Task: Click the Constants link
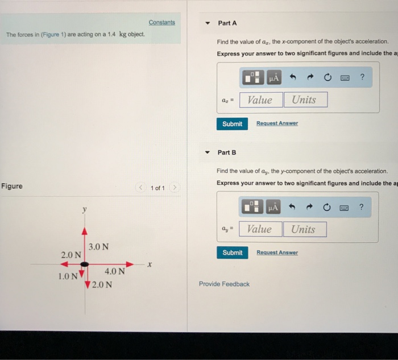pos(162,22)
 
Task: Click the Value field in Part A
pos(261,100)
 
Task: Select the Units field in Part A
pos(306,100)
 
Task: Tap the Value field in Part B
pos(260,229)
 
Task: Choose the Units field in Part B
pos(305,229)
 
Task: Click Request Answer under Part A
pos(277,123)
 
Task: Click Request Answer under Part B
pos(277,253)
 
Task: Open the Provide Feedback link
pos(224,284)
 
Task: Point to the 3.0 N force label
pos(98,246)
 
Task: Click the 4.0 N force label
pos(115,271)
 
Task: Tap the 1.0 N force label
pos(68,276)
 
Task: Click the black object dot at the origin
pos(85,264)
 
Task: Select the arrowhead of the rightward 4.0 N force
pos(130,264)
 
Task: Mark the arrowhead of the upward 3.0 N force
pos(85,231)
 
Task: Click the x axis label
pos(150,264)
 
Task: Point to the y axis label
pos(85,210)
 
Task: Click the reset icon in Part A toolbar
pos(327,77)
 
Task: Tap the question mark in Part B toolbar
pos(362,207)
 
